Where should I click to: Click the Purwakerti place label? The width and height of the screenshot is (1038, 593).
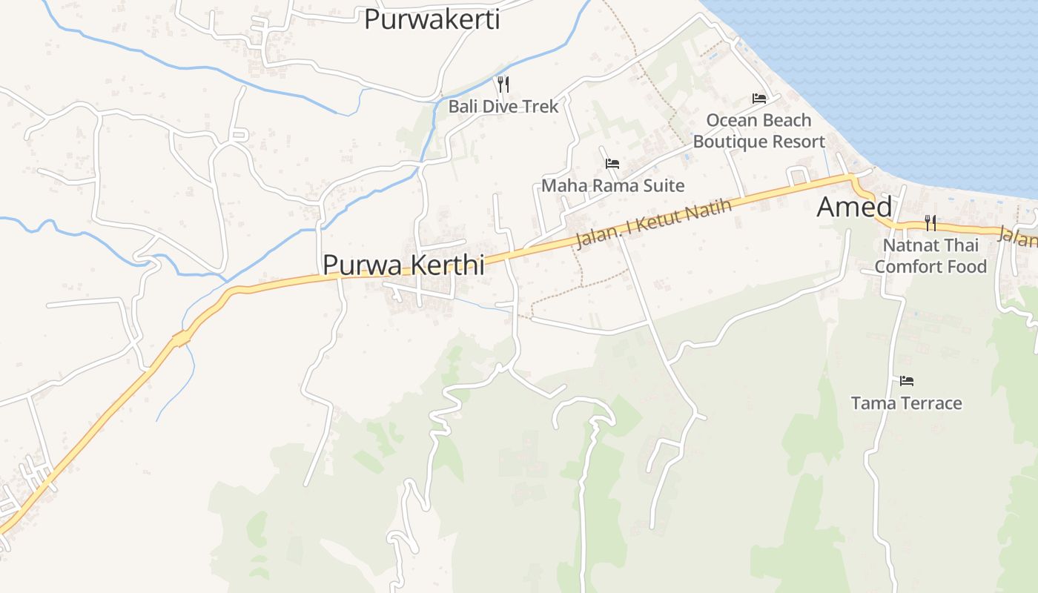click(x=432, y=19)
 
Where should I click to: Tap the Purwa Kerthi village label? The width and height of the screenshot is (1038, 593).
click(x=403, y=265)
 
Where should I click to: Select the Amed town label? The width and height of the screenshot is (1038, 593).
click(x=854, y=207)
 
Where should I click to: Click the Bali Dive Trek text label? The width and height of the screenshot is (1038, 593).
click(x=503, y=106)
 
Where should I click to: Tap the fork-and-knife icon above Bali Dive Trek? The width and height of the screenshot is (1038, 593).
click(x=503, y=83)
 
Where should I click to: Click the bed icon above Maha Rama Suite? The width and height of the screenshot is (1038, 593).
click(x=612, y=163)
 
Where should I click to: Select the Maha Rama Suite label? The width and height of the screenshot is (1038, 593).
click(x=612, y=185)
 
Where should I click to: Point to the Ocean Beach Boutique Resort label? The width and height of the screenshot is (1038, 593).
click(x=758, y=130)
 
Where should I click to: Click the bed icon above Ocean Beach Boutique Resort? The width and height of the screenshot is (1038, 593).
click(x=758, y=98)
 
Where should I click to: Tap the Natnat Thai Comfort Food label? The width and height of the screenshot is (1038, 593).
click(x=930, y=256)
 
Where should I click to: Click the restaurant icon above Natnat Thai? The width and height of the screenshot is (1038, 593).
click(x=930, y=222)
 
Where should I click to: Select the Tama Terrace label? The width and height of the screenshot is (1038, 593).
click(x=906, y=403)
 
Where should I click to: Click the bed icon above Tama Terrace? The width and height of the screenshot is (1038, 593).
click(x=906, y=381)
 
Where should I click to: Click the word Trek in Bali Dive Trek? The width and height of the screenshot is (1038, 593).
click(x=541, y=106)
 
